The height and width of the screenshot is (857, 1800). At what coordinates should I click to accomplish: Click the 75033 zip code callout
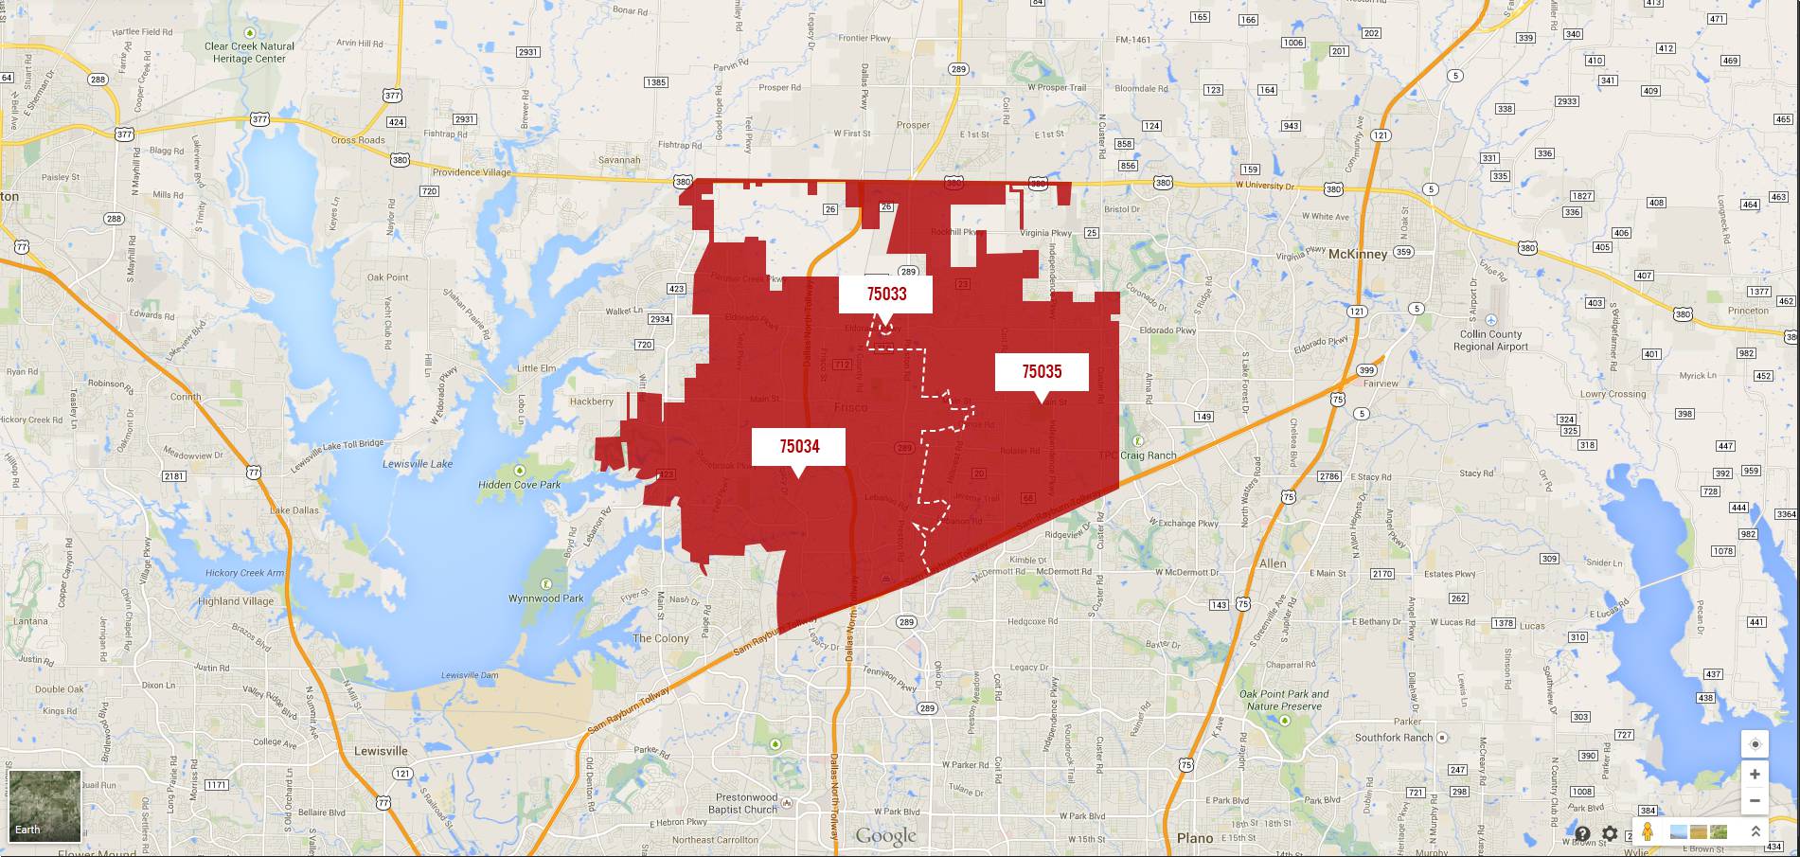pos(885,294)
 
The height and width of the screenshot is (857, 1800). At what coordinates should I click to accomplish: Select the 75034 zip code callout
pos(798,446)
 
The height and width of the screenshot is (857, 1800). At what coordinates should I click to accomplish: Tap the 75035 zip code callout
pos(1041,371)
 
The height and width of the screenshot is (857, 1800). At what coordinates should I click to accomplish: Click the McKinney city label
pos(1357,254)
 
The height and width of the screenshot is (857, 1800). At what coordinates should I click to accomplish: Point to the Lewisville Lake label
pos(418,464)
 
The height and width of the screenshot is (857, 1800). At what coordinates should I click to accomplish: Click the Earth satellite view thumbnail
pos(45,805)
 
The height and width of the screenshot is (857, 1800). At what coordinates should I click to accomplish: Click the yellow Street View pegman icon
pos(1648,832)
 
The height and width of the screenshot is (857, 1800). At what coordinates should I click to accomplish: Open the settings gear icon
pos(1610,833)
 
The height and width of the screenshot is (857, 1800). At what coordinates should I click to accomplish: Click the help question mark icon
pos(1582,833)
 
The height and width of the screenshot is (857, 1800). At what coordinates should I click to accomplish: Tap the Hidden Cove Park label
pos(519,485)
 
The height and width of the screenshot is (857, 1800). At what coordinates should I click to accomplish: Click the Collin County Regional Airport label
pos(1490,340)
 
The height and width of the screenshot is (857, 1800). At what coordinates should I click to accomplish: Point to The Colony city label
pos(660,638)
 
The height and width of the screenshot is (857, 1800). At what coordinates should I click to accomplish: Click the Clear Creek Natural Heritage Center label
pos(249,52)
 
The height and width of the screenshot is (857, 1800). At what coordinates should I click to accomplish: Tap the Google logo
pos(885,835)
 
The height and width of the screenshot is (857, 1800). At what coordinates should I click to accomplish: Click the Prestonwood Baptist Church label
pos(746,804)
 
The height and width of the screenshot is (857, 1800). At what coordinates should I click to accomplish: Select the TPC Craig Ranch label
pos(1137,455)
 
